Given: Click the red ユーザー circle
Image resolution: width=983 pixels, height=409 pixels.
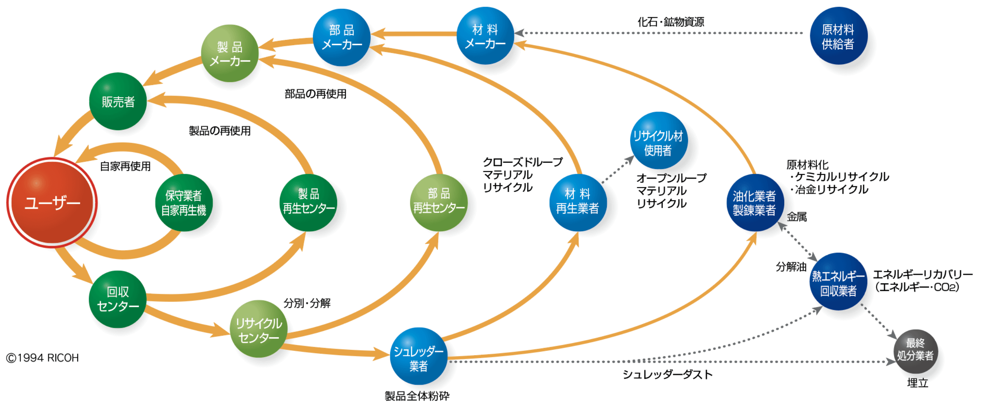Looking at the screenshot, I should (x=52, y=203).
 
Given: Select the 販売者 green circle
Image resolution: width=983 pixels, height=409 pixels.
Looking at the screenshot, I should (x=118, y=102).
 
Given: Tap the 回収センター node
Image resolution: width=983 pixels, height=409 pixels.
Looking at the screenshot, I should (x=118, y=299).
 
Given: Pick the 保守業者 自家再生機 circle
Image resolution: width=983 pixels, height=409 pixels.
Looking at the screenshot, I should (x=184, y=203).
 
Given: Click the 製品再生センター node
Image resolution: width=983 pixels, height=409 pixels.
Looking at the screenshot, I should (x=308, y=203).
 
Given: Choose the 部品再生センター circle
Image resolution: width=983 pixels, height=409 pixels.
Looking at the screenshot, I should (x=438, y=203).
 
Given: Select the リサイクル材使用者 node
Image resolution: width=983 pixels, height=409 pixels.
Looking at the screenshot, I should (x=658, y=140).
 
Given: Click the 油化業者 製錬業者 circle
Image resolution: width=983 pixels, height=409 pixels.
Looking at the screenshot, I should (x=754, y=203).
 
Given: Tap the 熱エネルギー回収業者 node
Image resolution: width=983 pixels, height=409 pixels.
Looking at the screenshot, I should (x=839, y=282).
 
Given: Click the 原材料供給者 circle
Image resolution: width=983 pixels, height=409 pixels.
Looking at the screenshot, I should (x=839, y=36).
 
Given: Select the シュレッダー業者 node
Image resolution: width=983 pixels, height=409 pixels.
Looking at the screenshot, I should (x=419, y=356).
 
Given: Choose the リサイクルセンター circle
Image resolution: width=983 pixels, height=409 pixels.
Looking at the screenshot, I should (x=259, y=329).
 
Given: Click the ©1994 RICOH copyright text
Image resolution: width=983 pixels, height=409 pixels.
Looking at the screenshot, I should (x=42, y=358).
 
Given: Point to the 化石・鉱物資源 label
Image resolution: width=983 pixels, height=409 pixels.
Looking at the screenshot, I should (x=671, y=22).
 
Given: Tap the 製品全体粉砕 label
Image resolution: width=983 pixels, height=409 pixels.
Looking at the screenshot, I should (x=417, y=396).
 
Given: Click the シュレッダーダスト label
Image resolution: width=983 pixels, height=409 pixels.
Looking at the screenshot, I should (x=667, y=374).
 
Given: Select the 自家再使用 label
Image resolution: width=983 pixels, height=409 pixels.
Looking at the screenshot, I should (x=125, y=166).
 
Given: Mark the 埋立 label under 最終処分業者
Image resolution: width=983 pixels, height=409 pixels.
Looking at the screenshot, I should (x=917, y=383).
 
